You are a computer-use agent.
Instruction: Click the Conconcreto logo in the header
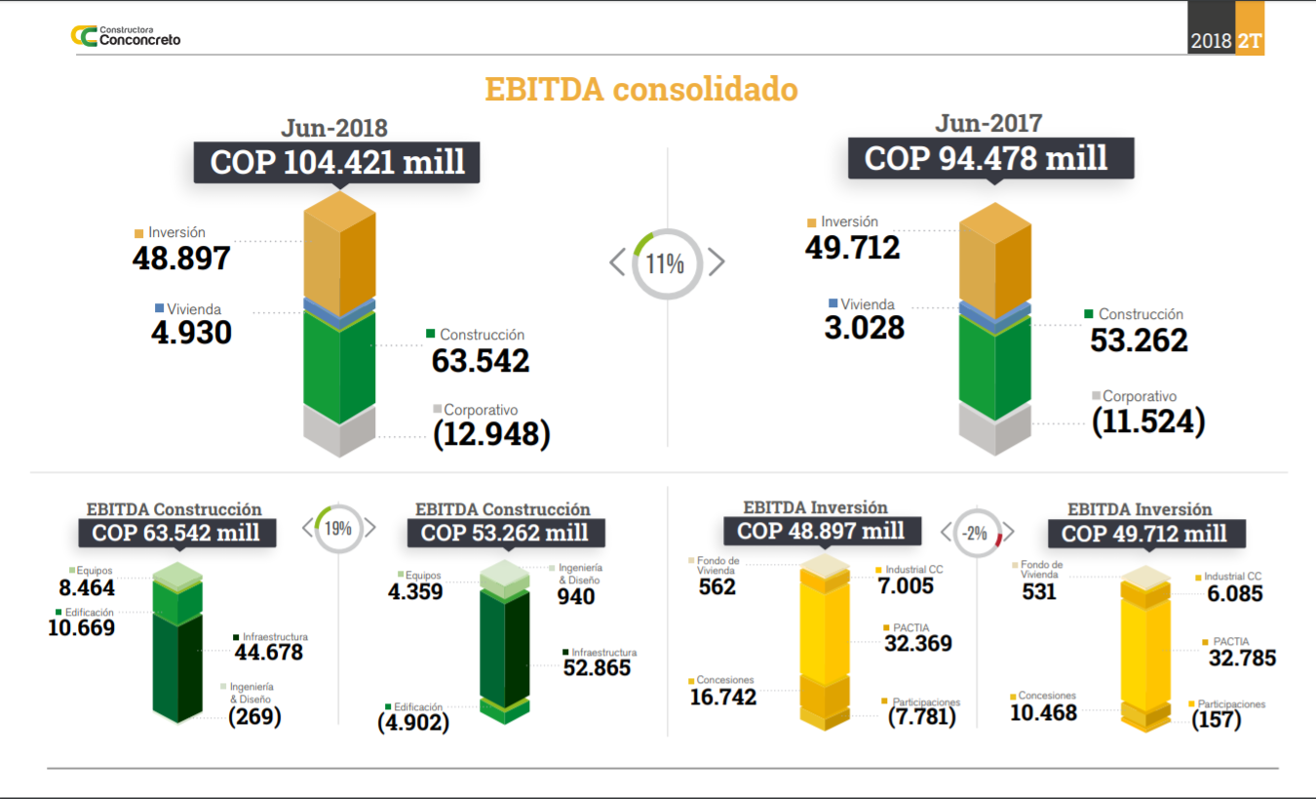click(x=125, y=36)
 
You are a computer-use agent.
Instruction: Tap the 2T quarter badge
click(x=1249, y=41)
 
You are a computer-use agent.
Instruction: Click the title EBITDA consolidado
click(x=641, y=90)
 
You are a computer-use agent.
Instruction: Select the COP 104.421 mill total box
click(x=337, y=162)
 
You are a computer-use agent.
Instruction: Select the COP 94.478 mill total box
click(x=990, y=158)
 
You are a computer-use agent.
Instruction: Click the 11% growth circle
click(x=668, y=262)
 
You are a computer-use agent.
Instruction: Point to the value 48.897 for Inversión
click(x=181, y=259)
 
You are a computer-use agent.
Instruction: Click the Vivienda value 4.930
click(x=191, y=333)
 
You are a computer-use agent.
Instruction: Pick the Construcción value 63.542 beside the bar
click(x=481, y=361)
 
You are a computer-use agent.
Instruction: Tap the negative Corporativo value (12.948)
click(x=491, y=434)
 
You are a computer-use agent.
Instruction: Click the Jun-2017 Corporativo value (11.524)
click(x=1148, y=421)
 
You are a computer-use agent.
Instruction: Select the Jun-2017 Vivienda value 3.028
click(x=864, y=328)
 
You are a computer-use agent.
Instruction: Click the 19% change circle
click(x=337, y=529)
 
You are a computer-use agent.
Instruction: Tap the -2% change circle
click(x=976, y=533)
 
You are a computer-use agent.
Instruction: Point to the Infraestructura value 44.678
click(x=269, y=653)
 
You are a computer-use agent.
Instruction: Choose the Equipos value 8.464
click(x=86, y=588)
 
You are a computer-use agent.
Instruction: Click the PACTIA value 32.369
click(x=917, y=644)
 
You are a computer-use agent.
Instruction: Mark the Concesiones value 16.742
click(x=722, y=697)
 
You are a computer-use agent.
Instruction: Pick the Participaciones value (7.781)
click(x=922, y=717)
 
